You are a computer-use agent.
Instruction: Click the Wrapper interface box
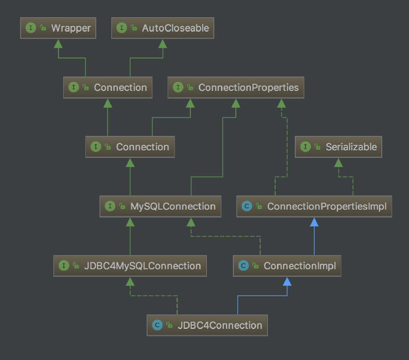coord(58,28)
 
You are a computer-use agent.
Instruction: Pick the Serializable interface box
coord(338,147)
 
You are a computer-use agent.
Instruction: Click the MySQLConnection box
coord(161,206)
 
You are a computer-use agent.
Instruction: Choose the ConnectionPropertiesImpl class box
coord(314,206)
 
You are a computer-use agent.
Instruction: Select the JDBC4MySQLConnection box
coord(130,266)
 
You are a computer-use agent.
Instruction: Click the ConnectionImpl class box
coord(287,266)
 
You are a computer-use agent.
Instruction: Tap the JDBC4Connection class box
coord(207,325)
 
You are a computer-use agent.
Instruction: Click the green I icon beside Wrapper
coord(30,28)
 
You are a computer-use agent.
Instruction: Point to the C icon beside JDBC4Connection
coord(157,325)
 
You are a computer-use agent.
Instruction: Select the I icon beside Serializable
coord(305,147)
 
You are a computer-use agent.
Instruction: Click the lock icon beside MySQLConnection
coord(122,207)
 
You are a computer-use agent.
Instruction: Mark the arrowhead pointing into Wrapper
coord(58,43)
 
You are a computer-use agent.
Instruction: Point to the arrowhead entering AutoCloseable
coord(162,43)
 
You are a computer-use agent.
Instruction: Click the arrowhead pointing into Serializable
coord(338,162)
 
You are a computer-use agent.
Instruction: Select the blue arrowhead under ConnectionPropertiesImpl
coord(314,222)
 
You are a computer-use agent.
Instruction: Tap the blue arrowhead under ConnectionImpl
coord(287,281)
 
